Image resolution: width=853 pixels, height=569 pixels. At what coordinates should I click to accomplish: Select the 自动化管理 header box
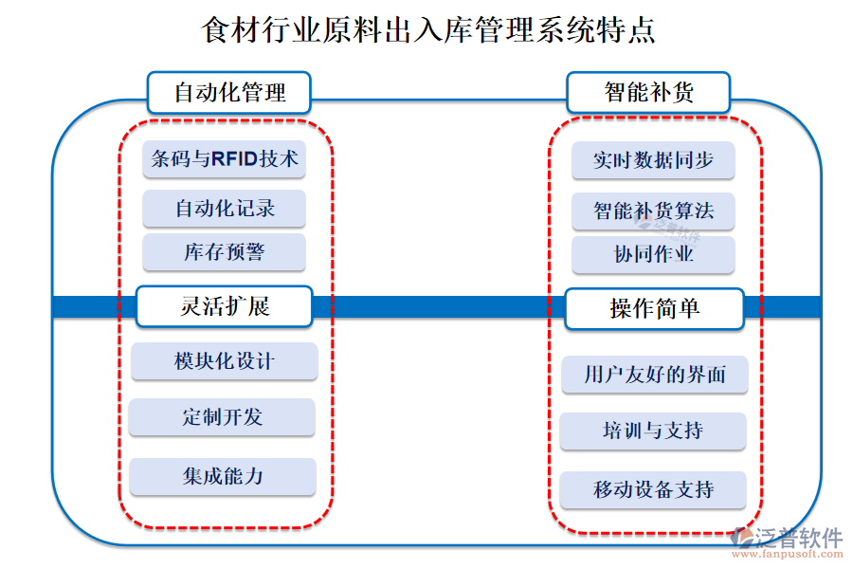(228, 93)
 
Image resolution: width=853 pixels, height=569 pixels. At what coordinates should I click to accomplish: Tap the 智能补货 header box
(648, 93)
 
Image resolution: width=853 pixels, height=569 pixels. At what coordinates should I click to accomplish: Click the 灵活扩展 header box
(225, 306)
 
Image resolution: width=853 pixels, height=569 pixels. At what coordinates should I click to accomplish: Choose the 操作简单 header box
(654, 308)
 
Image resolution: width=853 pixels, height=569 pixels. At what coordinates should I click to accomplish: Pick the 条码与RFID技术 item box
(225, 159)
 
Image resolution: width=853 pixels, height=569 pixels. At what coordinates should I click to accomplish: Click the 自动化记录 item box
(225, 208)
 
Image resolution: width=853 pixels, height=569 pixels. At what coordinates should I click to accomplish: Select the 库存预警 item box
(225, 252)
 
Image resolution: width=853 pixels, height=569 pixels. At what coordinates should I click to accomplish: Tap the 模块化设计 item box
(225, 361)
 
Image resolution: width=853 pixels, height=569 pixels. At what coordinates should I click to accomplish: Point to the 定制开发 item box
(222, 417)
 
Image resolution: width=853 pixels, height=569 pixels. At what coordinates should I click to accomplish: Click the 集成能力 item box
(222, 476)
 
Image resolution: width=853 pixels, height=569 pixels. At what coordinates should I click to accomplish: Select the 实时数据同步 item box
(653, 160)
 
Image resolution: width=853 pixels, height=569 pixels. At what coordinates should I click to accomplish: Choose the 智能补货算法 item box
(653, 211)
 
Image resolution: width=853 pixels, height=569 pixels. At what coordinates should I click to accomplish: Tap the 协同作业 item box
(653, 255)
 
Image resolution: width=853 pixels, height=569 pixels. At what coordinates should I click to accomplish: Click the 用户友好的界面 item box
(654, 375)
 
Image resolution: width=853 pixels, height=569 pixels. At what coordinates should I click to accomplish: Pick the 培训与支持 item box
(652, 431)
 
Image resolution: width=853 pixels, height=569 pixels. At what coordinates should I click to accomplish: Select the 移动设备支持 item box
(653, 490)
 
